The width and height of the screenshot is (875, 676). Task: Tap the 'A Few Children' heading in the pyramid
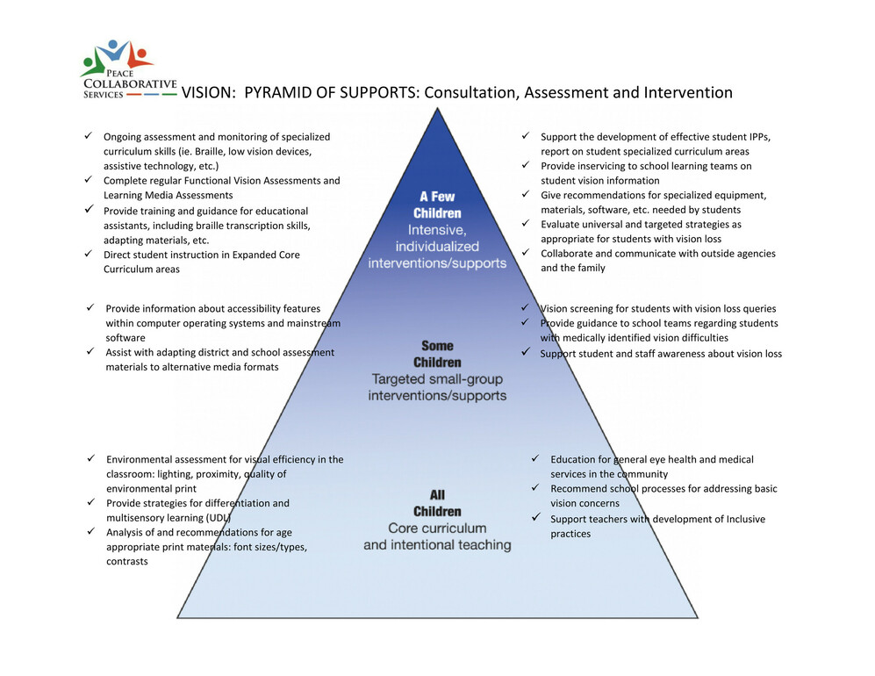coord(437,205)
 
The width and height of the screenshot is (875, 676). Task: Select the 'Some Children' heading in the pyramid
coord(437,354)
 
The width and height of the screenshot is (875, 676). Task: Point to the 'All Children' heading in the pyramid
coord(437,503)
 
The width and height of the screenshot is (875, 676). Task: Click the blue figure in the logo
coord(114,50)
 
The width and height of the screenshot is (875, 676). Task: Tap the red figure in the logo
coord(139,57)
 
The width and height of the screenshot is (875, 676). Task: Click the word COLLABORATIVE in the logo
coord(130,83)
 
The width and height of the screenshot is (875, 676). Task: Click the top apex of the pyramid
coord(437,108)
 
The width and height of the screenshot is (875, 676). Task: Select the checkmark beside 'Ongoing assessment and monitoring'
coord(88,136)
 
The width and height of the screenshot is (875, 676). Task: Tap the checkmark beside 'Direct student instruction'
coord(88,254)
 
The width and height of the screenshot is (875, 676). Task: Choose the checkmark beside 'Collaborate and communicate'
coord(526,252)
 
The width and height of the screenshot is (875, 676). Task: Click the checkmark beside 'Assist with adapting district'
coord(90,351)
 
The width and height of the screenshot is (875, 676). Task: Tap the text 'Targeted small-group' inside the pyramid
coord(437,379)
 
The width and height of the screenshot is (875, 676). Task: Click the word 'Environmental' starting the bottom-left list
coord(139,459)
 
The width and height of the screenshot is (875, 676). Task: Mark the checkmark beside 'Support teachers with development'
coord(535,517)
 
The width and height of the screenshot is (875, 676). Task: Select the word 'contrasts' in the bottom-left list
coord(127,562)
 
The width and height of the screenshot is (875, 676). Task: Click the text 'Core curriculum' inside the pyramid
coord(437,529)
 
